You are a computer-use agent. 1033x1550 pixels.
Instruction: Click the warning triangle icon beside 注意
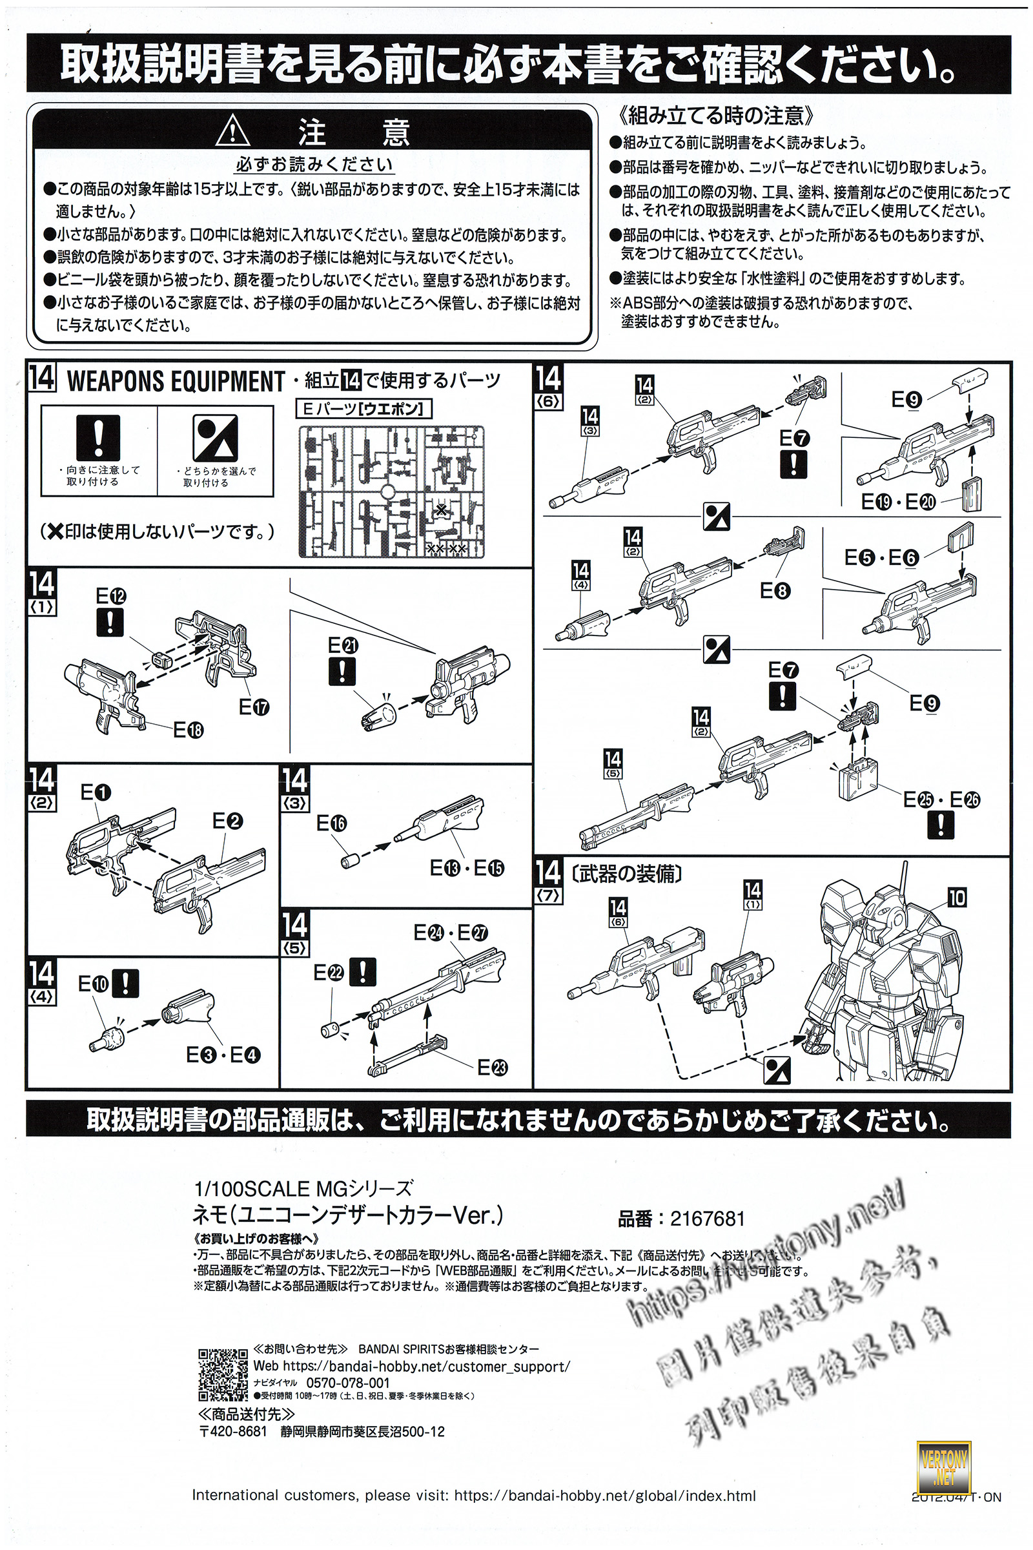click(x=232, y=130)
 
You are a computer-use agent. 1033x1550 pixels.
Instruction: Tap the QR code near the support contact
click(x=223, y=1374)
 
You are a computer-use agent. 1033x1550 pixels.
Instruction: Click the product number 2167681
click(x=707, y=1219)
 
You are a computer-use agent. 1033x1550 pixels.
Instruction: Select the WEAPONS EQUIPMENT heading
click(x=175, y=382)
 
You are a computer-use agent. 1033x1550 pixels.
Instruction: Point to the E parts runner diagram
click(x=391, y=491)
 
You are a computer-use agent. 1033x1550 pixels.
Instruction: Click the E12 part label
click(x=110, y=596)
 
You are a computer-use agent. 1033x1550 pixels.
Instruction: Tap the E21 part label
click(x=343, y=645)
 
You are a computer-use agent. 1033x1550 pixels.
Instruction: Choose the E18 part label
click(x=189, y=730)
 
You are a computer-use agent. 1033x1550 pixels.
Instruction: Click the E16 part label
click(x=331, y=823)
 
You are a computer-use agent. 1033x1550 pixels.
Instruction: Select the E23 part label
click(x=492, y=1068)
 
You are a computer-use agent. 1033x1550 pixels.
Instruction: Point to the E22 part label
click(x=328, y=973)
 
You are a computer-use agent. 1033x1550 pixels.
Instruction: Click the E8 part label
click(x=775, y=591)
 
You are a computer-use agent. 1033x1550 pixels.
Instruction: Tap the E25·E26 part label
click(x=941, y=800)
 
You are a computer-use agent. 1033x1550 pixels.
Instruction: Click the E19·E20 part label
click(x=898, y=502)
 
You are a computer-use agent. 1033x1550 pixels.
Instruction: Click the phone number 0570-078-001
click(x=348, y=1383)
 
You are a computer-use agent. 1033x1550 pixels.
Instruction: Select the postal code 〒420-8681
click(x=233, y=1431)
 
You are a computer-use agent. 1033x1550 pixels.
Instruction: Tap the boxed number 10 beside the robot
click(x=957, y=898)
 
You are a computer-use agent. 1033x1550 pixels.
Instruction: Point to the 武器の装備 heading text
click(x=626, y=874)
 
